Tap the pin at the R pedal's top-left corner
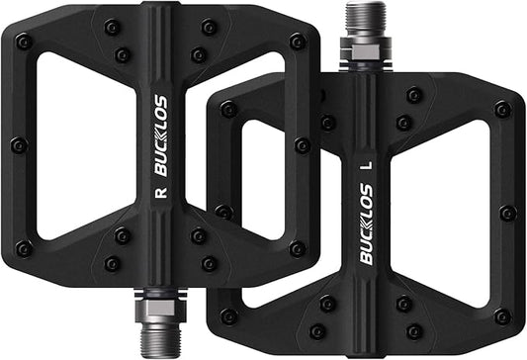(23, 42)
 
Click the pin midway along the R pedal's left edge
(18, 145)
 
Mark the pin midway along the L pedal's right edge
(507, 213)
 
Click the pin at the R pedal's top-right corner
(297, 42)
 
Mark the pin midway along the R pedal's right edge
(303, 145)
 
